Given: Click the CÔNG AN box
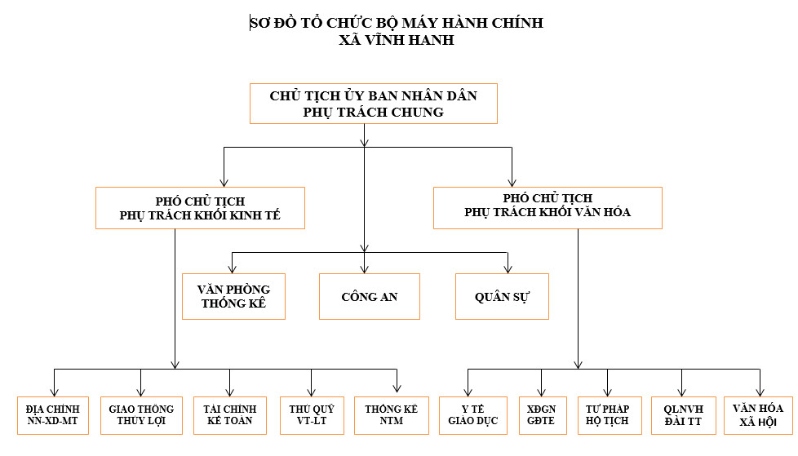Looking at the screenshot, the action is tap(370, 297).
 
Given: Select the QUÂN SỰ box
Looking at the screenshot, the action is tap(502, 297).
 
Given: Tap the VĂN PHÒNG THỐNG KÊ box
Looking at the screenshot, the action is tap(233, 297).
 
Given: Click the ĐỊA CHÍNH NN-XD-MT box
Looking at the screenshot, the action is tap(53, 415).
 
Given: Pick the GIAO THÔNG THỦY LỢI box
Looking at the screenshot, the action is tap(141, 415).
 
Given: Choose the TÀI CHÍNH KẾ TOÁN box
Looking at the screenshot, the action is tap(230, 415).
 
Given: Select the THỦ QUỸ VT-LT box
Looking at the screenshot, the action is tap(312, 415).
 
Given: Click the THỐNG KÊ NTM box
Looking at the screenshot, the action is tap(392, 415).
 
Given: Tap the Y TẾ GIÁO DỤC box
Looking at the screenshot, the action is tap(473, 415).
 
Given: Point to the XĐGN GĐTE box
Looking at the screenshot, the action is tap(543, 415).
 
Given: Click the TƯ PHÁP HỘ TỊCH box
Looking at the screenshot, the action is tap(610, 415).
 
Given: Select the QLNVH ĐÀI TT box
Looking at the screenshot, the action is tap(684, 415).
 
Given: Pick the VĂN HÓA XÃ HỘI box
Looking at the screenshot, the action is tap(758, 415).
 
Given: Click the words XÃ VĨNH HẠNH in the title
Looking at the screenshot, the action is tap(397, 40).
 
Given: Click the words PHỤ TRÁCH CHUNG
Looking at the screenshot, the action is tap(373, 112).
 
